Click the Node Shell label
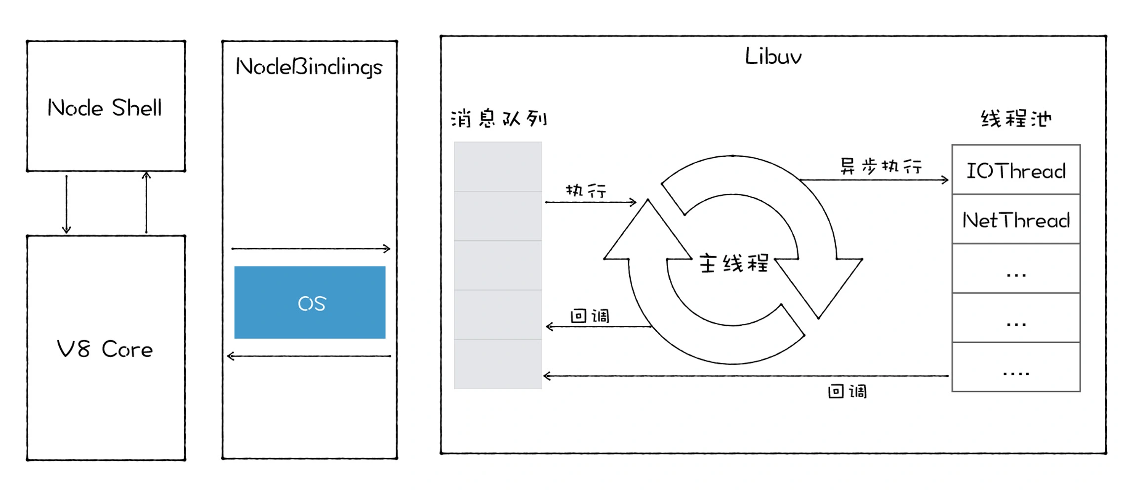(105, 108)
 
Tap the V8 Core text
(105, 349)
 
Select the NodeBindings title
(309, 67)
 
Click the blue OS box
(310, 303)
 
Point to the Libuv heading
(773, 56)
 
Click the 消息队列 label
(499, 119)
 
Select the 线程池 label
(1016, 119)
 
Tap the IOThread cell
(1016, 171)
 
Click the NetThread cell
(1016, 220)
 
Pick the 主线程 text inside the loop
(733, 263)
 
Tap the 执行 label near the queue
(586, 191)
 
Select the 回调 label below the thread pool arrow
(847, 392)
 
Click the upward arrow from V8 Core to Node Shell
(146, 203)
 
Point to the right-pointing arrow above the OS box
(311, 249)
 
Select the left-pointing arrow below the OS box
(309, 356)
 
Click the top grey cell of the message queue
(498, 167)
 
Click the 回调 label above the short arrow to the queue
(590, 316)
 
